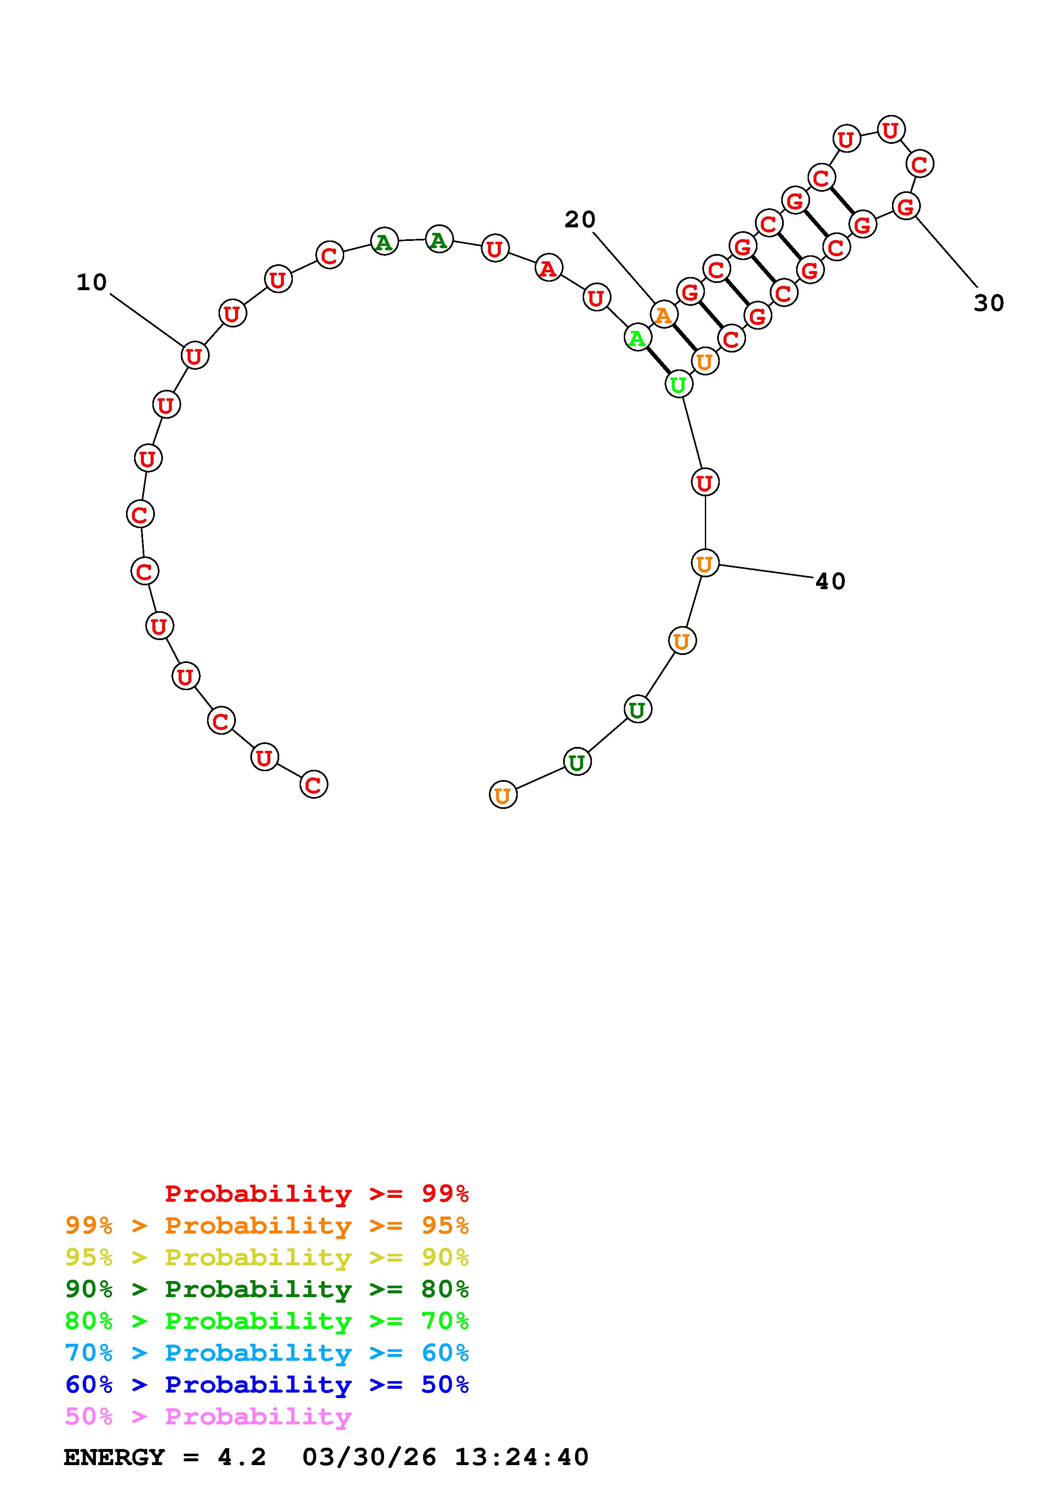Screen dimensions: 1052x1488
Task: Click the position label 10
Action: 91,282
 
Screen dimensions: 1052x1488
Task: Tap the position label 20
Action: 580,220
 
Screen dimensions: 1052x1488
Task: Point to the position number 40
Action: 830,582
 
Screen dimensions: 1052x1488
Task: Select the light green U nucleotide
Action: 678,384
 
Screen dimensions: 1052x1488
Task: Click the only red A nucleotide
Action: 548,268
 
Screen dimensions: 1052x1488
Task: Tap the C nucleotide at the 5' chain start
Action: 314,785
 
